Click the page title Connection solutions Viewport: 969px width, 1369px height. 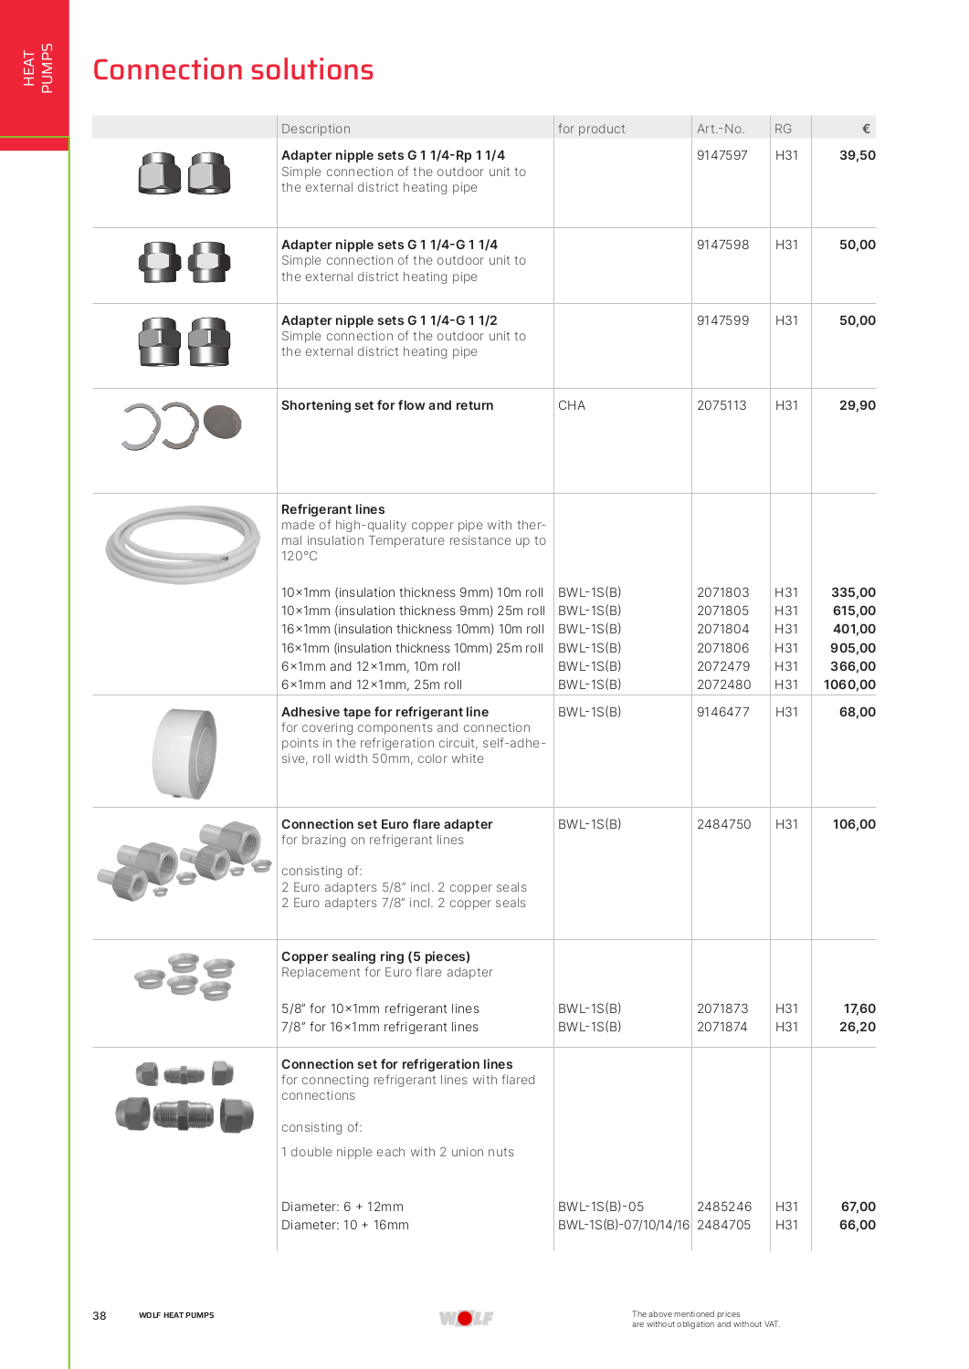[233, 70]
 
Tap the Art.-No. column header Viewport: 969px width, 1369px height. [720, 129]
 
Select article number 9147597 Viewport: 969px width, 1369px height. [721, 155]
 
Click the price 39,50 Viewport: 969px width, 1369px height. [857, 155]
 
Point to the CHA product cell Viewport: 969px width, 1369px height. [572, 405]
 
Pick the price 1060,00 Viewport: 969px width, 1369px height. [849, 684]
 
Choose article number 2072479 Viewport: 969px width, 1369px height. [723, 666]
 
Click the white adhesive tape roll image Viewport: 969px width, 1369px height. [184, 753]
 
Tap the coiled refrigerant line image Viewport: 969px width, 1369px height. [183, 544]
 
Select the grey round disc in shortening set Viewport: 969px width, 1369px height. [222, 423]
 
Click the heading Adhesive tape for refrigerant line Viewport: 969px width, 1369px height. [384, 712]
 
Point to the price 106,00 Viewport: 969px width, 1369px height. [854, 824]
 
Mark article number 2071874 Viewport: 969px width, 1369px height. [721, 1027]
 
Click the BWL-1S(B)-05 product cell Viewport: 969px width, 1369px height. [601, 1207]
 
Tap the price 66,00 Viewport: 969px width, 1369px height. [857, 1225]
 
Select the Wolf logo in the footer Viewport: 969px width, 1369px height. [466, 1318]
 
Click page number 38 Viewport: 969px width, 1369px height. [100, 1315]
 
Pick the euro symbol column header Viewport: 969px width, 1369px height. [866, 129]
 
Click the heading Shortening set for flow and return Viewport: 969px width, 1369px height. [387, 405]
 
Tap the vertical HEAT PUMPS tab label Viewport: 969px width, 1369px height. [37, 68]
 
